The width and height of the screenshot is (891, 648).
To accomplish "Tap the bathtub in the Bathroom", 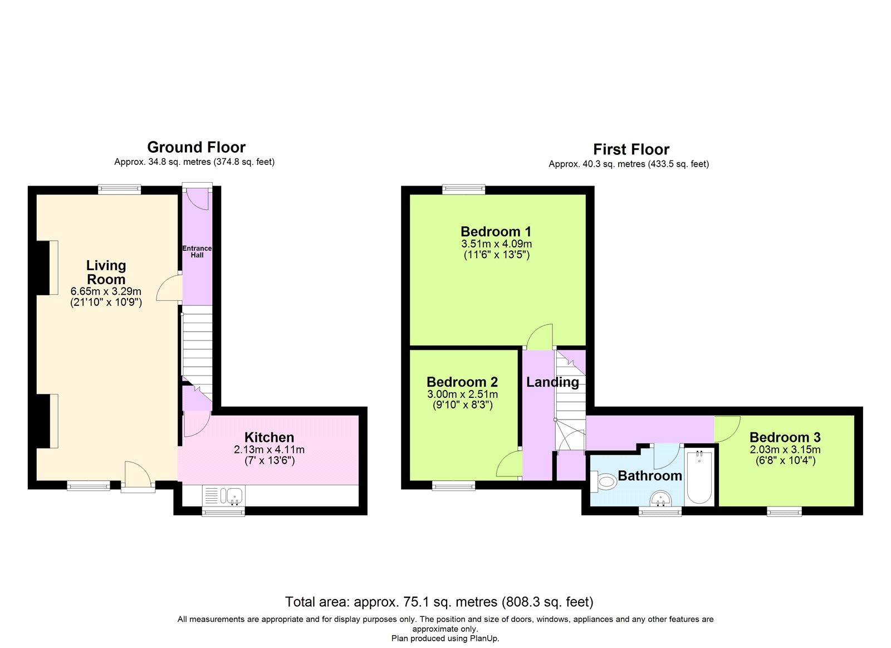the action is tap(699, 478).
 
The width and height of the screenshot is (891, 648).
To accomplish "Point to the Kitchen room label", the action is tap(270, 437).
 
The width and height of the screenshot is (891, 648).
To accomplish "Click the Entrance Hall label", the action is tap(197, 251).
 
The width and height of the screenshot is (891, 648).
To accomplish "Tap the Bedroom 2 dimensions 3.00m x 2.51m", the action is tap(463, 394).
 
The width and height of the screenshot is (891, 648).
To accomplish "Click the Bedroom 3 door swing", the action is tap(727, 429).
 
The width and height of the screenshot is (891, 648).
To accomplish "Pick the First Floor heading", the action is tap(631, 149).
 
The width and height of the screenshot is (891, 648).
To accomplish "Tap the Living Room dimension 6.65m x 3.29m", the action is tap(106, 291).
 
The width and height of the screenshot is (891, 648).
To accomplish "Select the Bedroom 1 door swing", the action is tap(540, 337).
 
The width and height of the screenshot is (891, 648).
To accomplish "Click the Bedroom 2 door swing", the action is tap(509, 464).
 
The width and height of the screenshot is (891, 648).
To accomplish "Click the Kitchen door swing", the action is tap(197, 425).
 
